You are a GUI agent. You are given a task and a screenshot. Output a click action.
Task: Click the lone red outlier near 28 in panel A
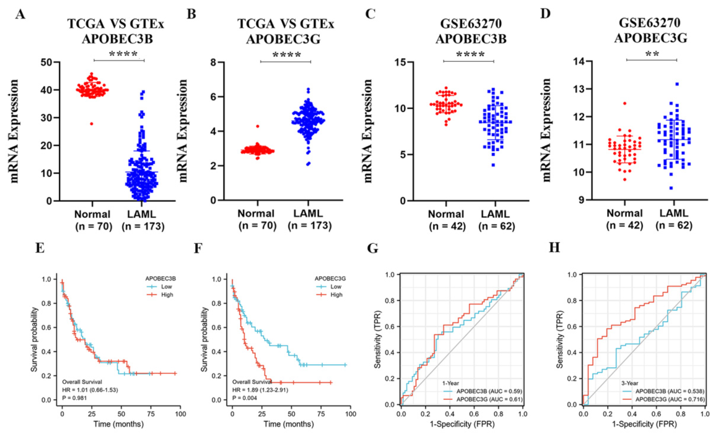[x=92, y=123]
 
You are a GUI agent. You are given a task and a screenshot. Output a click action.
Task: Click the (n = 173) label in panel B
[x=310, y=226]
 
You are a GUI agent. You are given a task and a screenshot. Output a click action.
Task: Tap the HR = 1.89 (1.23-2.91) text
[x=260, y=390]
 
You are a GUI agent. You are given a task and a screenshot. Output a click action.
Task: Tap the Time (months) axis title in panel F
[x=289, y=424]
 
